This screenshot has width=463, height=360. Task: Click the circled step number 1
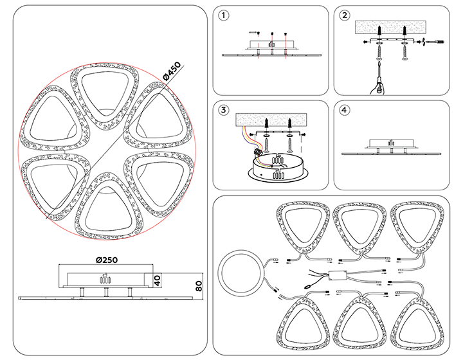click(x=223, y=15)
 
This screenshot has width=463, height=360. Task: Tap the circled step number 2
click(x=345, y=15)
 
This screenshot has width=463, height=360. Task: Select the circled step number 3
click(x=223, y=110)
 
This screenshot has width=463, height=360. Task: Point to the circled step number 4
click(x=345, y=110)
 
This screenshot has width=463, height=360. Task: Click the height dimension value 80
click(x=199, y=285)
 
